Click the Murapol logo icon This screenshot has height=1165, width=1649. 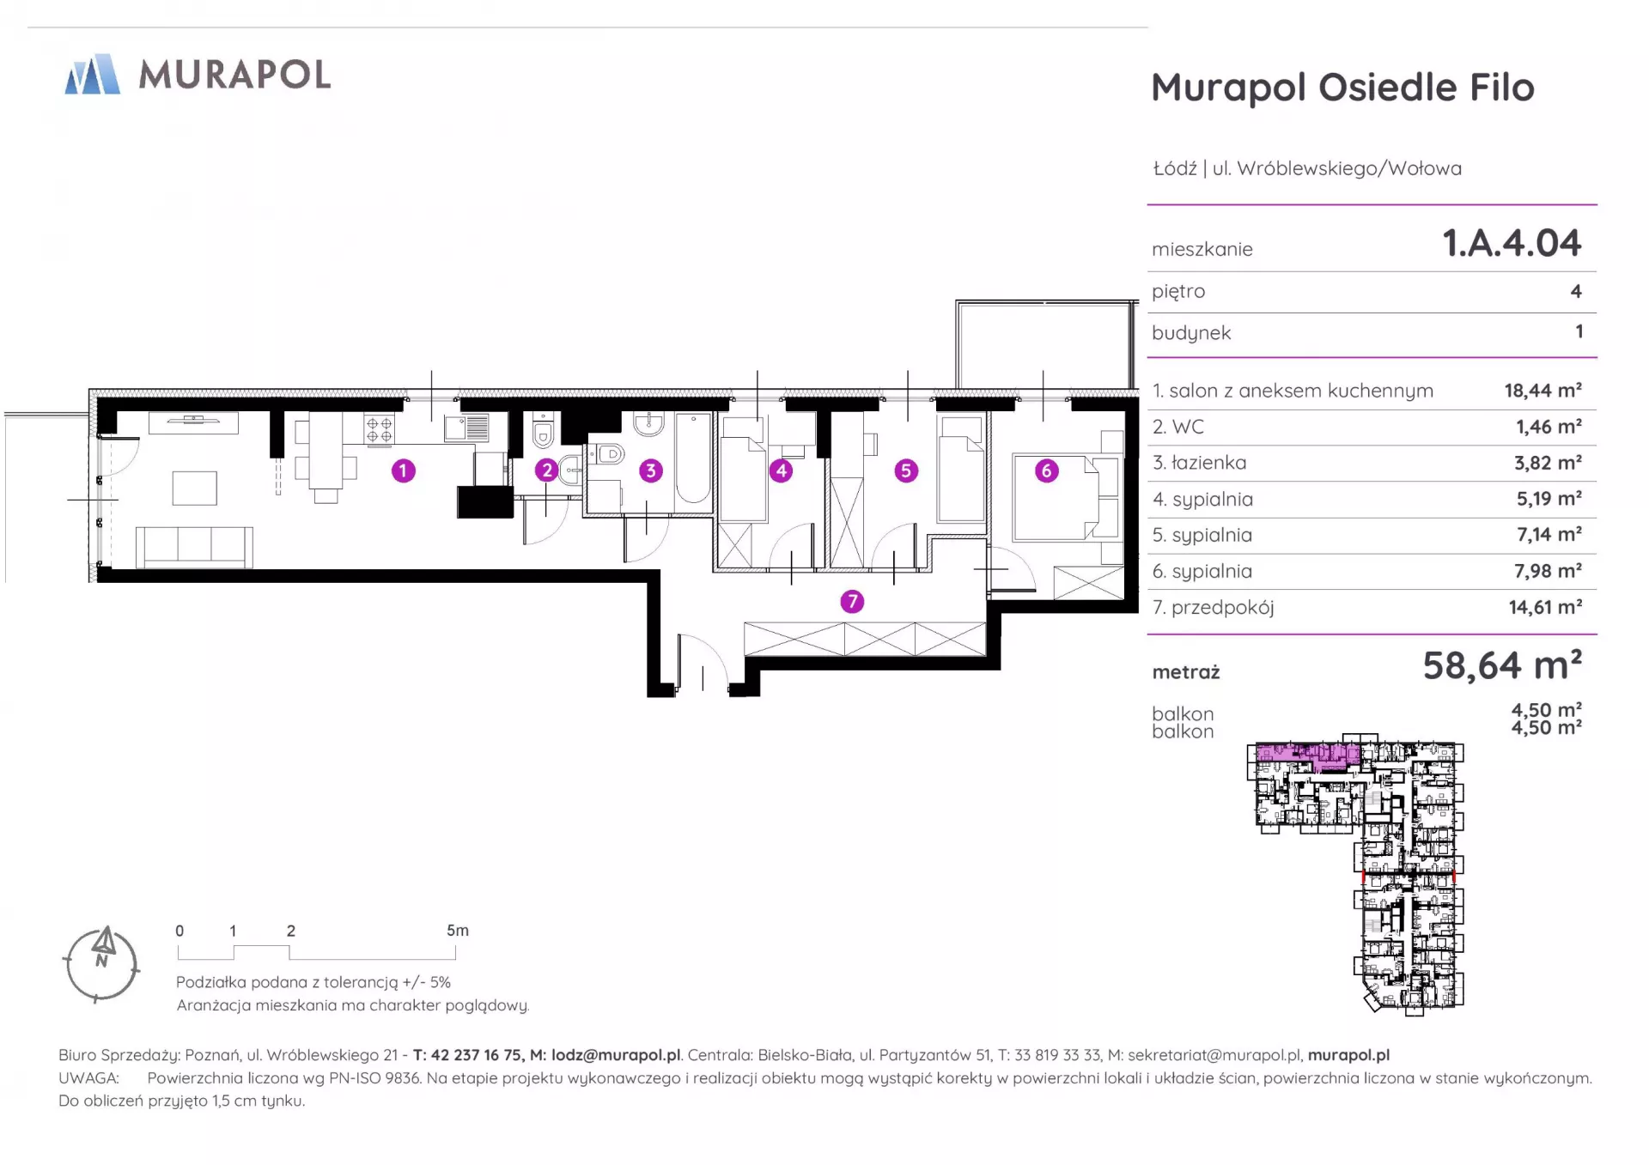click(92, 74)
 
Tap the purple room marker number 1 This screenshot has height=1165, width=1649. click(403, 470)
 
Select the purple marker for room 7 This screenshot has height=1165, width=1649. click(852, 602)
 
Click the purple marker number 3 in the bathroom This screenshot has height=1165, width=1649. click(651, 470)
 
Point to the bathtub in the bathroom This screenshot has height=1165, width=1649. click(693, 458)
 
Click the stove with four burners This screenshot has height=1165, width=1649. click(380, 428)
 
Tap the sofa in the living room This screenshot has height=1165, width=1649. click(194, 547)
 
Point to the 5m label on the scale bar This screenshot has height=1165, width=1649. click(458, 931)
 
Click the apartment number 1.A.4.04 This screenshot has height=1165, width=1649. click(1512, 243)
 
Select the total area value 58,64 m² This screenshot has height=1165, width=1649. click(1502, 665)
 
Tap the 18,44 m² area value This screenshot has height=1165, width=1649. click(1543, 391)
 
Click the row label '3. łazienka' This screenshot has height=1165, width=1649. click(1199, 463)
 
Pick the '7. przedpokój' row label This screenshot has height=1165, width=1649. click(1213, 608)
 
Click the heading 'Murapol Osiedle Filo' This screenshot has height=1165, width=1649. click(1342, 88)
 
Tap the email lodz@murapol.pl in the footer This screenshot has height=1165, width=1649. click(616, 1055)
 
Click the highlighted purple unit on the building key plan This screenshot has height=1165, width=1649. click(1308, 755)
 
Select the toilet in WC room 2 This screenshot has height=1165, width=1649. click(543, 434)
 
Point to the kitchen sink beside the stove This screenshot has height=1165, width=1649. click(466, 428)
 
